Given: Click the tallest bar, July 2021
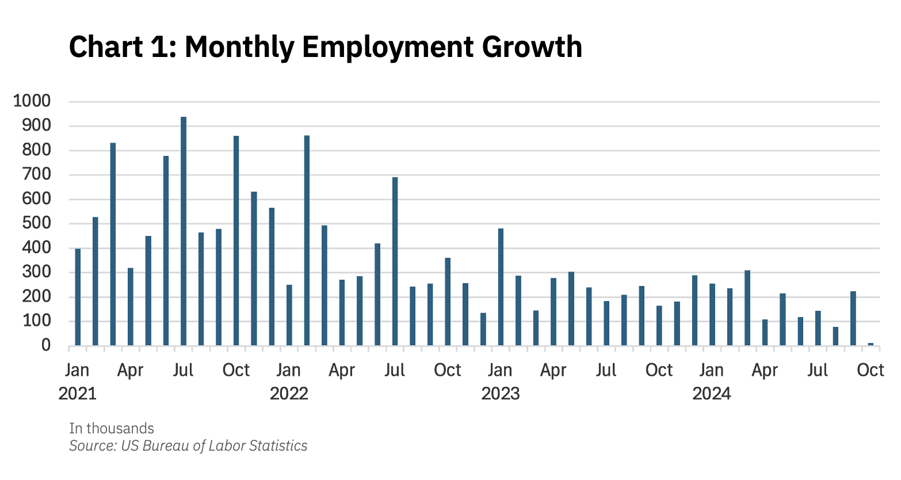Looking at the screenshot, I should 184,230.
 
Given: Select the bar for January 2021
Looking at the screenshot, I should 78,296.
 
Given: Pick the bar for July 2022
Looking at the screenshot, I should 395,261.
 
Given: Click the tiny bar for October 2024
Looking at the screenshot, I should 871,344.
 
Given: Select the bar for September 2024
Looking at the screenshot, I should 853,318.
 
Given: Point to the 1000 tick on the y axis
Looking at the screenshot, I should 32,101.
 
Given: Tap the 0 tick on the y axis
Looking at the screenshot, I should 45,345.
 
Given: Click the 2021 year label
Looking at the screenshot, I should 78,394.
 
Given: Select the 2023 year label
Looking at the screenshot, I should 501,394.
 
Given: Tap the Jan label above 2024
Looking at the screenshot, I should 712,370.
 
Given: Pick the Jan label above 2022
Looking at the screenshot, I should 289,370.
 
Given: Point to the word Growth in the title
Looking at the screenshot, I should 532,47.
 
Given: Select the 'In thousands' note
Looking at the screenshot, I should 112,428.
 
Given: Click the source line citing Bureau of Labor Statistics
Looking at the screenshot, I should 188,445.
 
